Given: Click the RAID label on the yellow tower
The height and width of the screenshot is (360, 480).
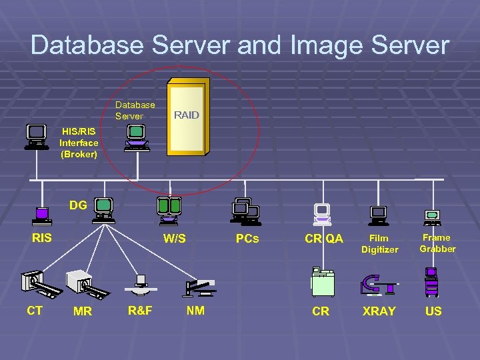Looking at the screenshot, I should pos(186,115).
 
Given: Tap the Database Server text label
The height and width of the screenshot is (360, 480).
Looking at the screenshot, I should pos(135,110).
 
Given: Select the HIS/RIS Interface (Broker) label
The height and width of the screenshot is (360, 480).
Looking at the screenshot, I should pos(79,143).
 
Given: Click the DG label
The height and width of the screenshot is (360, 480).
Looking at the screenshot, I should pos(78,205).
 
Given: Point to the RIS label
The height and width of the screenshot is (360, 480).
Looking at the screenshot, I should pos(41,237).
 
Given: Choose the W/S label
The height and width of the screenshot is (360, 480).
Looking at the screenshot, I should pos(175,239).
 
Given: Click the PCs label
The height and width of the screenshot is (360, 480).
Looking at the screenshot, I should pos(247,238).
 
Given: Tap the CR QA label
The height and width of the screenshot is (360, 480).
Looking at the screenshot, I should pos(324,239).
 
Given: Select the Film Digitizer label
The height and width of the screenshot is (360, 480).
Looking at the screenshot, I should pos(379,243).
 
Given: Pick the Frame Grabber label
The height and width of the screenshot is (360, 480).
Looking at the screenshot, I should pos(437,243).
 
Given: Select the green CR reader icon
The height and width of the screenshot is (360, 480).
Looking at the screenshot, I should pos(323,281).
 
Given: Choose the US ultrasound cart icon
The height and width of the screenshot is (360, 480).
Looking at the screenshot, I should pos(431,281).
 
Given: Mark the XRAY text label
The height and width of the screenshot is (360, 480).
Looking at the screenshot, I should pos(379,311).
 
